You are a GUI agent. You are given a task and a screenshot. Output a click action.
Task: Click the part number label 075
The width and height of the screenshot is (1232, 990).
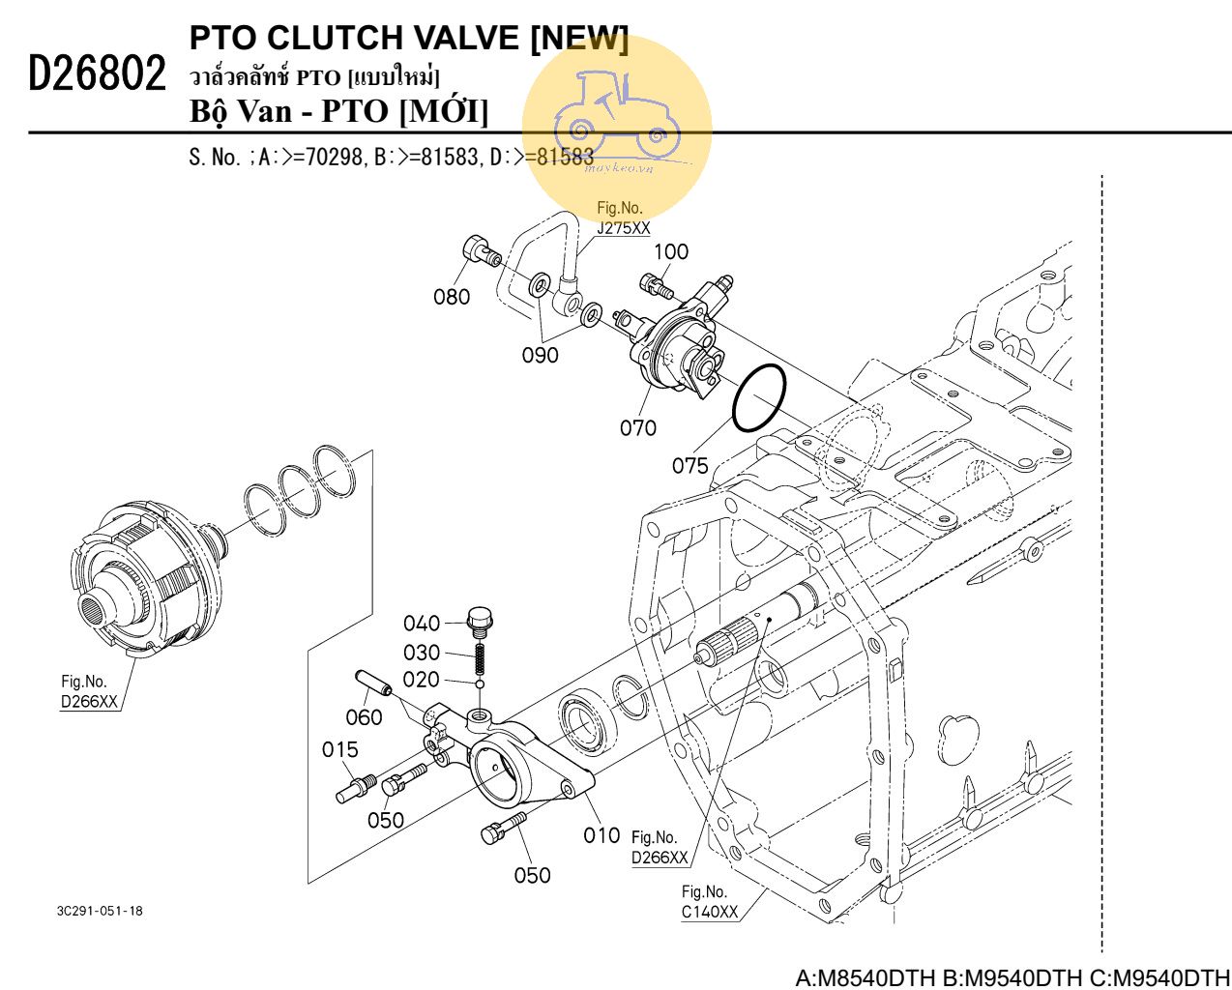689,466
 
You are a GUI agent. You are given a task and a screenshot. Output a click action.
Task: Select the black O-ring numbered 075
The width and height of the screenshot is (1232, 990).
758,397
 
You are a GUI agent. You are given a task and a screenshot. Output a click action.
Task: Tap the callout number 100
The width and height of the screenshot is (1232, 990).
671,252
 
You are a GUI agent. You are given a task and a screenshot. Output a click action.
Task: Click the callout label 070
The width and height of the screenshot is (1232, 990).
637,427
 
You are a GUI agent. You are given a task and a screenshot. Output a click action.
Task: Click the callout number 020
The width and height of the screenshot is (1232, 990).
421,680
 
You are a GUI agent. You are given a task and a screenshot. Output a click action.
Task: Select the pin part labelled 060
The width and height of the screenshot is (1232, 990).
371,682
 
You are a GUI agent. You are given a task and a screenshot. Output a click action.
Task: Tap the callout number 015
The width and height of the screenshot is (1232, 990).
339,749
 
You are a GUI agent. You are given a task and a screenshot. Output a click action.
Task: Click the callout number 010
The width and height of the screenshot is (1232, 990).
601,835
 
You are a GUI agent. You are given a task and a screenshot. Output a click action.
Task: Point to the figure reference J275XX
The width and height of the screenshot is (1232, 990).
623,228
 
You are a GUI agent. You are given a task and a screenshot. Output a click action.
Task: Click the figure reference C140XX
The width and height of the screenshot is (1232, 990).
709,912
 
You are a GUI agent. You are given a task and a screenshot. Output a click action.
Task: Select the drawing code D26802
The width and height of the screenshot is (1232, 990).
97,73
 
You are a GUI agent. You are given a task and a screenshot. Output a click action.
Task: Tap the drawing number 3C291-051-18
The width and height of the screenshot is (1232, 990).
100,911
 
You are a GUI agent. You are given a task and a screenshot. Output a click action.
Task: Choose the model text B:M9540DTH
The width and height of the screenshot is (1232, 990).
1010,977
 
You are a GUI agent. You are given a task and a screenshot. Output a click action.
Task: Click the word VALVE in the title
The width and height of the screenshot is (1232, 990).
463,38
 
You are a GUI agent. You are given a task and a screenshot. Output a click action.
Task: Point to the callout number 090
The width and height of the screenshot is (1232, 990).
540,355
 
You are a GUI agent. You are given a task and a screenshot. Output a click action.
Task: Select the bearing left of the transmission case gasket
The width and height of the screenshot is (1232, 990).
583,722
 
